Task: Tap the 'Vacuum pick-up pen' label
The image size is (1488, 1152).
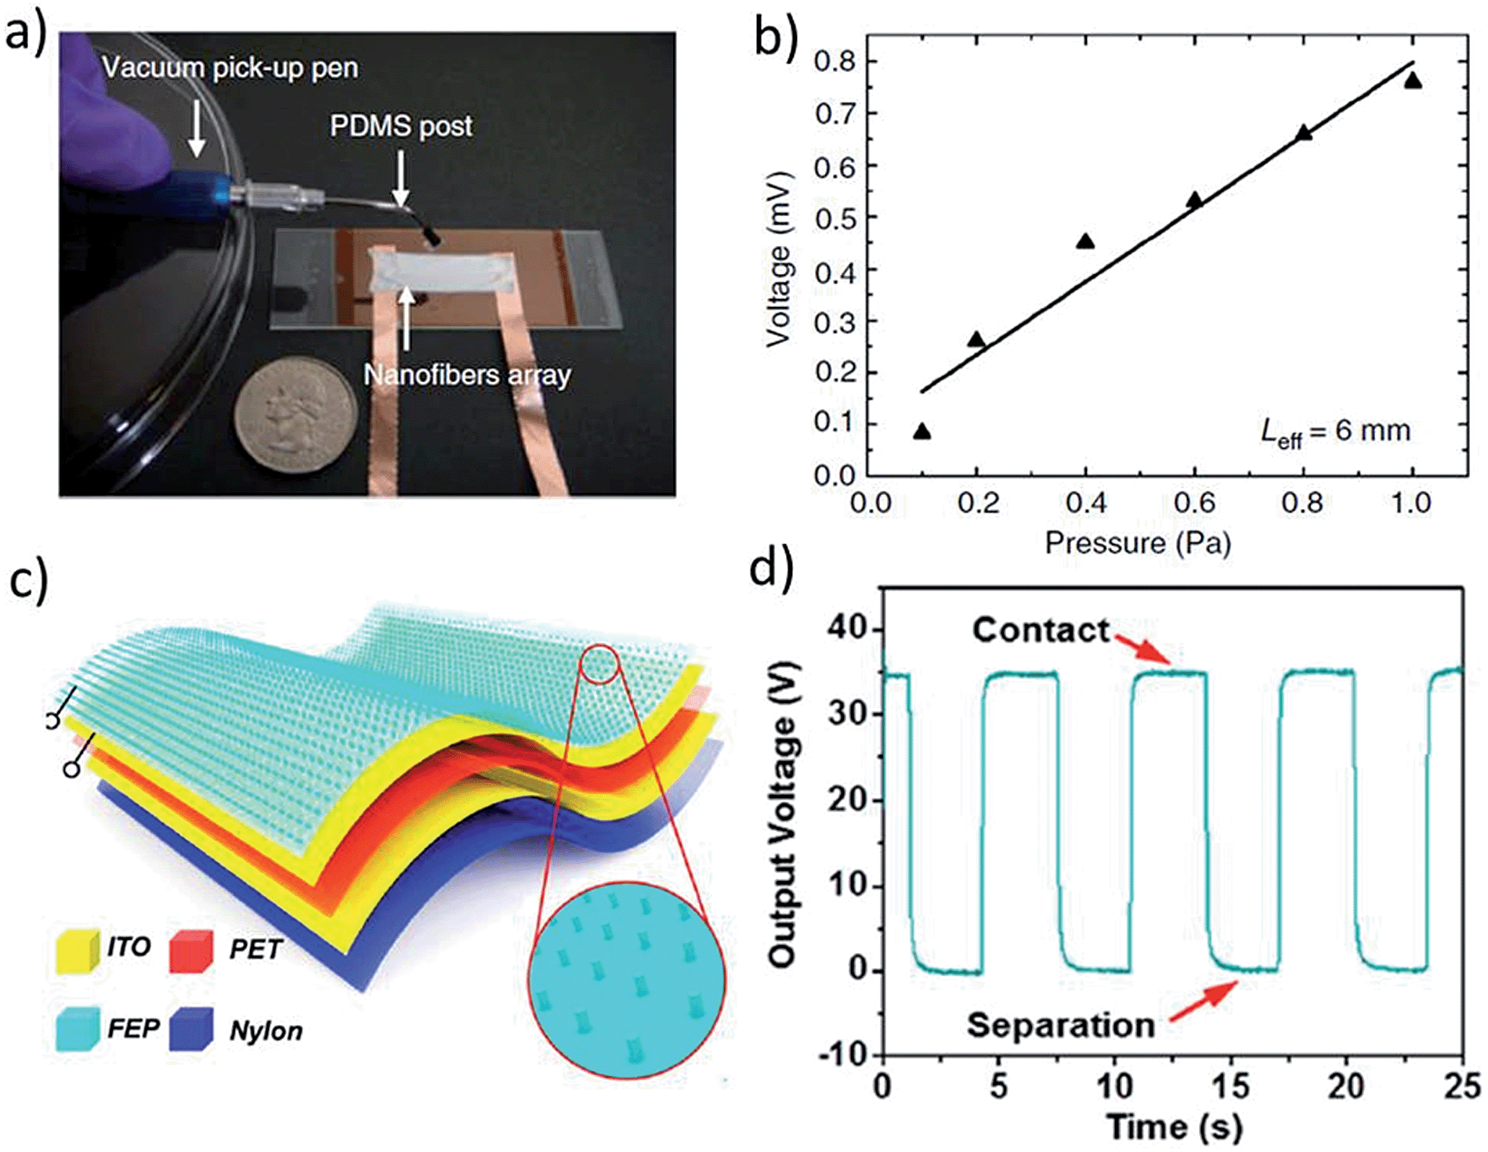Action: click(x=230, y=68)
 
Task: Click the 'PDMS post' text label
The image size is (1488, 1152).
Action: click(x=400, y=126)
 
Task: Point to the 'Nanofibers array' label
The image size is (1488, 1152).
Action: click(x=467, y=375)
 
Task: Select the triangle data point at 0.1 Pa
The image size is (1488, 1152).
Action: click(x=922, y=432)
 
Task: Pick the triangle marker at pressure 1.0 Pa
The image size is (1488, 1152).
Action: click(x=1413, y=81)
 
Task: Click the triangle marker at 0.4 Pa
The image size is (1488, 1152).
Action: click(x=1085, y=241)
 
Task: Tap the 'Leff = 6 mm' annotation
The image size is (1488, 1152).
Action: click(x=1335, y=432)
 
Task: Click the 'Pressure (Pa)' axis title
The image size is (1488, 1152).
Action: click(x=1138, y=542)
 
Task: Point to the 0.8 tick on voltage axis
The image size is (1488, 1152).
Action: click(x=835, y=61)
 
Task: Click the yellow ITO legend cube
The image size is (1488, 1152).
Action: click(x=78, y=950)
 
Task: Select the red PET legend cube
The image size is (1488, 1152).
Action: click(x=190, y=950)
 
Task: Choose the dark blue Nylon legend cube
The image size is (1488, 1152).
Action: click(x=190, y=1029)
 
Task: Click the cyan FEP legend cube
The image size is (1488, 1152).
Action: click(x=78, y=1029)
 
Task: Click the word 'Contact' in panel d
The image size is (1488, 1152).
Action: click(x=1041, y=630)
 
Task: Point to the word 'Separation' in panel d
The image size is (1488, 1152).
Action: click(x=1060, y=1025)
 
